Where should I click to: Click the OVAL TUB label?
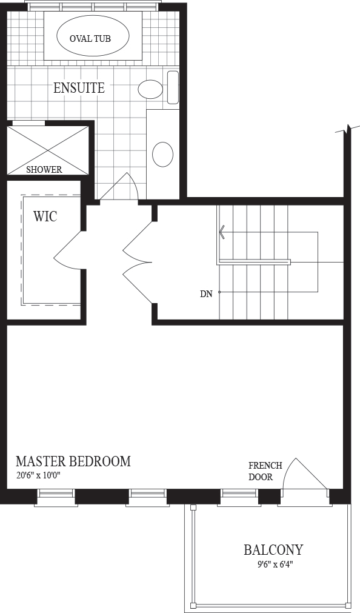click(x=90, y=38)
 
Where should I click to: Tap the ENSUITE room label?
click(x=79, y=88)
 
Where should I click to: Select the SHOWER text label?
click(x=44, y=170)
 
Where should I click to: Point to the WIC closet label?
click(x=45, y=216)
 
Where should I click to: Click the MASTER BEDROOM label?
click(x=73, y=461)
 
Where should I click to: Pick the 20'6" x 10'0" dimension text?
click(x=39, y=475)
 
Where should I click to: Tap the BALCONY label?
click(x=273, y=550)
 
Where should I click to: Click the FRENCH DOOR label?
click(x=265, y=471)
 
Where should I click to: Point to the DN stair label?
click(x=206, y=294)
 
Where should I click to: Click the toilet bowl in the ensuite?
click(x=150, y=90)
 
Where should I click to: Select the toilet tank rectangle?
click(x=173, y=87)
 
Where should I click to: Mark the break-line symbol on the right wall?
click(x=348, y=129)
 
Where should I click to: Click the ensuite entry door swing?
click(x=119, y=187)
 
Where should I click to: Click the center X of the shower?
click(x=48, y=150)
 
